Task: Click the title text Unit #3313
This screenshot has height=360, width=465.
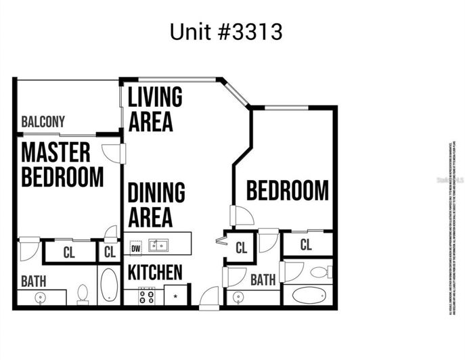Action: (226, 32)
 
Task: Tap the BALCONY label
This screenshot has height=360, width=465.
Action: (43, 122)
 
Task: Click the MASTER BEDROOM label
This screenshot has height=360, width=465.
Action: (62, 164)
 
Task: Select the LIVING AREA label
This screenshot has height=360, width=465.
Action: (155, 109)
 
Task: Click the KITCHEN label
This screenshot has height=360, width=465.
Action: (155, 273)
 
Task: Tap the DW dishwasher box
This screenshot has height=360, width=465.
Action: (135, 247)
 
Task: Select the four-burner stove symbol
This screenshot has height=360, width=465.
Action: (146, 296)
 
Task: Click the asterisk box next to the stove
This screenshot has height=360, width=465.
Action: (176, 296)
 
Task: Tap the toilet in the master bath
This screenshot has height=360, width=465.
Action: (83, 293)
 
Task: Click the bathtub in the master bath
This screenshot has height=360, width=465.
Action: (109, 285)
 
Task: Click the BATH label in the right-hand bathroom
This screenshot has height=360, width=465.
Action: (263, 279)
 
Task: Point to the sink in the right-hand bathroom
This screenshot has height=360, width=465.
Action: (238, 296)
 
